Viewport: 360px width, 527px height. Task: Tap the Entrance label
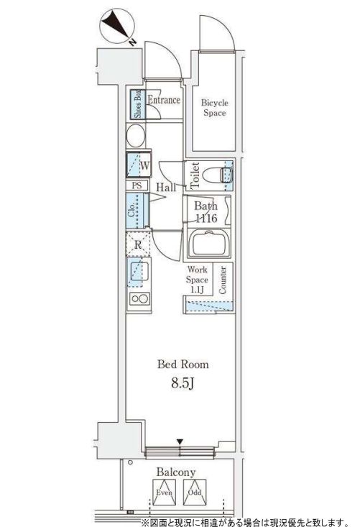(x=164, y=100)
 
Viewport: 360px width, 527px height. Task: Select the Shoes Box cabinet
(x=137, y=104)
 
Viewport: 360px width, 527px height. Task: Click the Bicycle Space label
(x=215, y=108)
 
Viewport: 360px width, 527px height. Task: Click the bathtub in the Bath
(x=209, y=244)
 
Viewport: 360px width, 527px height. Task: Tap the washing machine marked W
(x=139, y=165)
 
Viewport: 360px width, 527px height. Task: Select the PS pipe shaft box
(x=137, y=185)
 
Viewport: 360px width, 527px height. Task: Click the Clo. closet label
(x=131, y=211)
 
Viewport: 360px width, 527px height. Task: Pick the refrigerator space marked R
(x=138, y=244)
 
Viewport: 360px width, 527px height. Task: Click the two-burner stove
(x=139, y=298)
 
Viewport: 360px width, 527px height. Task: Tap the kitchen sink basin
(x=139, y=272)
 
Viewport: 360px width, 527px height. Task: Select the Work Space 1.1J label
(x=197, y=279)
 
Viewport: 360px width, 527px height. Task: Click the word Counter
(x=222, y=280)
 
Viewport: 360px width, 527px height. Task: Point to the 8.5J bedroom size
(x=183, y=382)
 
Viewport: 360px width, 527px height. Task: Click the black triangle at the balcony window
(x=180, y=441)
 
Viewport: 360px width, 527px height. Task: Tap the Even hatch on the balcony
(x=165, y=492)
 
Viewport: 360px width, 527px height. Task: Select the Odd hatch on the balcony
(x=195, y=492)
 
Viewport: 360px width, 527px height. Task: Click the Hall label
(x=166, y=187)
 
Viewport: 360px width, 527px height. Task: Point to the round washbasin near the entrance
(x=136, y=136)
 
